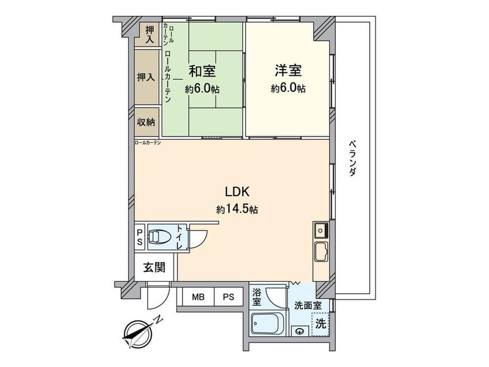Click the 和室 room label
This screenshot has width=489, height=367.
[x=203, y=71]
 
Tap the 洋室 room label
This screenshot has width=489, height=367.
[x=288, y=70]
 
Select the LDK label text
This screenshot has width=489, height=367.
[x=237, y=191]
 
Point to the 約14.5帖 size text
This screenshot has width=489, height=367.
[x=237, y=209]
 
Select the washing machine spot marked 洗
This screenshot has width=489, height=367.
[x=321, y=324]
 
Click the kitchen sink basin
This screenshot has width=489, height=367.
[x=321, y=252]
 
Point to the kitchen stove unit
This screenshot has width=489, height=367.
[x=321, y=231]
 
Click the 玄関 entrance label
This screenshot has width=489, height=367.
[x=154, y=267]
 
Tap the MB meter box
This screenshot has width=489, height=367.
[x=198, y=297]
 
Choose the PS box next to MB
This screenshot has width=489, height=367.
[x=229, y=297]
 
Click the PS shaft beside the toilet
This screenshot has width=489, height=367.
[x=140, y=237]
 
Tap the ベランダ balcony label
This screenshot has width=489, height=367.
[x=352, y=159]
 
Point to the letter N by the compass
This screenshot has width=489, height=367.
[x=159, y=320]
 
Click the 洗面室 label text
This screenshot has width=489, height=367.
[x=308, y=305]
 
